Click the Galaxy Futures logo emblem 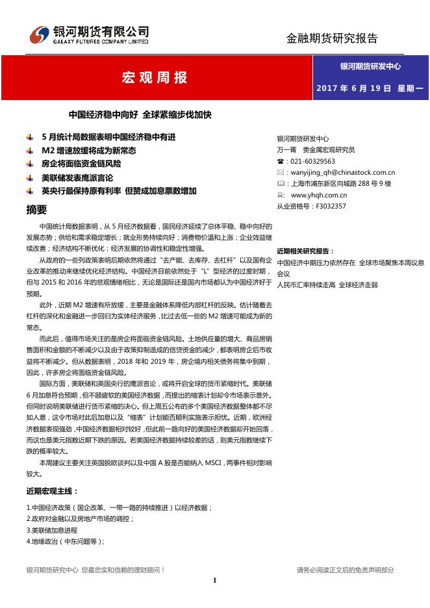[x=40, y=33]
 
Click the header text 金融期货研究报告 [x=332, y=38]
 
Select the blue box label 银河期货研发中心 [x=370, y=66]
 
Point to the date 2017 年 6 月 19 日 [x=353, y=88]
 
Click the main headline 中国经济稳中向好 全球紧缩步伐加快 [x=140, y=115]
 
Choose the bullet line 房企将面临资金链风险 [x=81, y=164]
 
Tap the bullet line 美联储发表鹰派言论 [x=77, y=177]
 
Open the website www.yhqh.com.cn [x=319, y=195]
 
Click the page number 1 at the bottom [x=214, y=580]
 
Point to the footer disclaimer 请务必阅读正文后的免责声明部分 [x=346, y=570]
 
